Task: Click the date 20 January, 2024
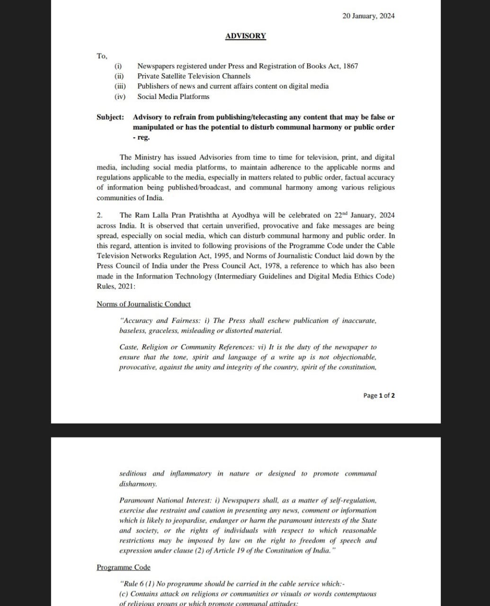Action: click(x=368, y=16)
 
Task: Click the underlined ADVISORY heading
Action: click(x=245, y=36)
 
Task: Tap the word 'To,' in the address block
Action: click(x=102, y=56)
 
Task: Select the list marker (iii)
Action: click(x=120, y=86)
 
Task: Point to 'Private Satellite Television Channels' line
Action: click(x=194, y=76)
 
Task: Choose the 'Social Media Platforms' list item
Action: click(x=173, y=97)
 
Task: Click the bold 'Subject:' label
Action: click(x=110, y=117)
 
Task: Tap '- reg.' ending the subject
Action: click(x=141, y=137)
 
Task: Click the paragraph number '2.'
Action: click(x=99, y=215)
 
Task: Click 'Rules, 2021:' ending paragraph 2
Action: click(x=116, y=286)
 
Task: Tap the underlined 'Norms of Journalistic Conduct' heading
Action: click(x=143, y=304)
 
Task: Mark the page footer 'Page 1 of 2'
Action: click(x=379, y=395)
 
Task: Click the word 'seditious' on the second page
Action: click(x=133, y=473)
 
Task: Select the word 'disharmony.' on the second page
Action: click(x=138, y=484)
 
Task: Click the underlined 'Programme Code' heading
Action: click(x=123, y=568)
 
